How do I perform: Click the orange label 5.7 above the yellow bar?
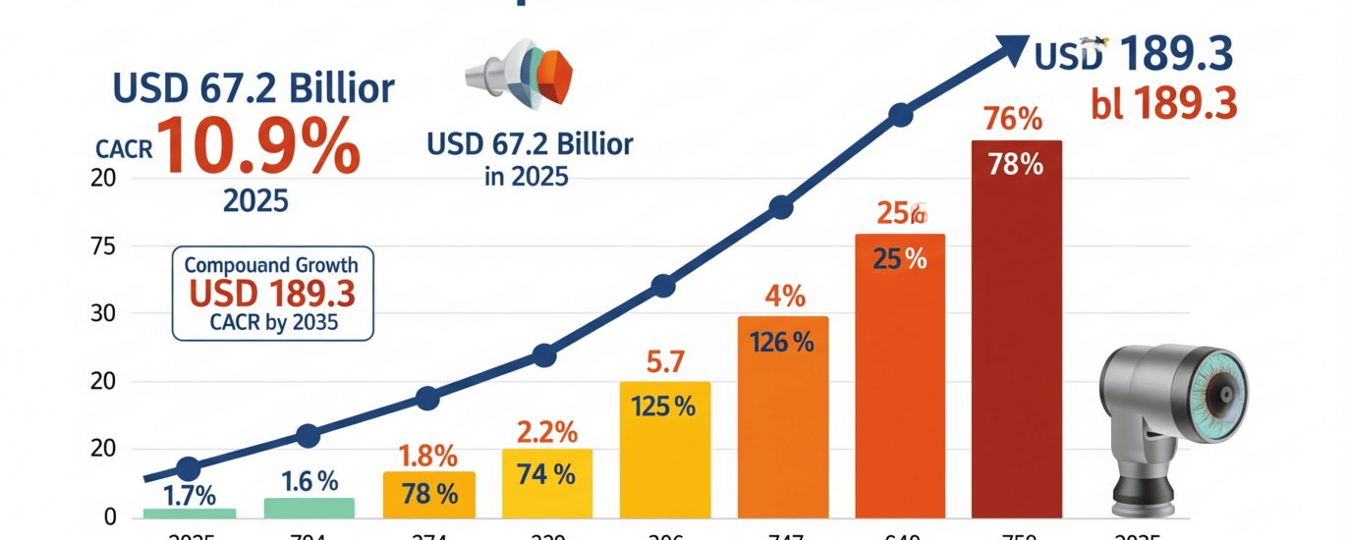[x=664, y=362]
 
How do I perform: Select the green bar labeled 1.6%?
[x=308, y=507]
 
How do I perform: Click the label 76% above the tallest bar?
[x=1012, y=121]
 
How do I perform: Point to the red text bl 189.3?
[x=1163, y=103]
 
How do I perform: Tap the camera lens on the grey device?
[x=1224, y=392]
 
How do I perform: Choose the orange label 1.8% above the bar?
[x=430, y=456]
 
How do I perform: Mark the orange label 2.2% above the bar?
[x=547, y=432]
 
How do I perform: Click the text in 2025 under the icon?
[x=527, y=177]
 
